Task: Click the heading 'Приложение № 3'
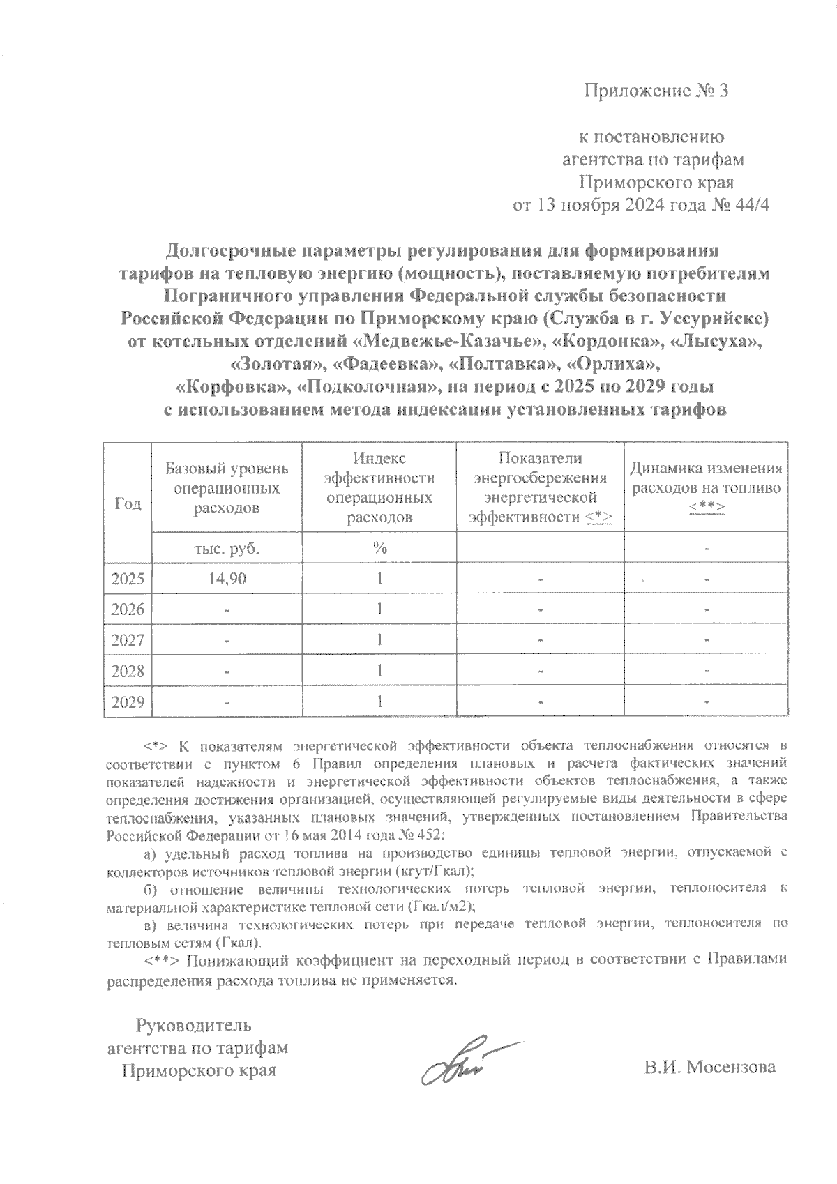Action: coord(655,91)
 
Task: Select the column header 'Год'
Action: coord(128,503)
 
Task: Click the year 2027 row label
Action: coord(128,639)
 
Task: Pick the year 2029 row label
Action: coord(128,701)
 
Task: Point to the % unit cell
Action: coord(379,548)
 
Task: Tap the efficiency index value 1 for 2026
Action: coord(379,609)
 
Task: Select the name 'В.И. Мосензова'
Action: coord(710,1067)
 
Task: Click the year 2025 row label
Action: coord(128,579)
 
